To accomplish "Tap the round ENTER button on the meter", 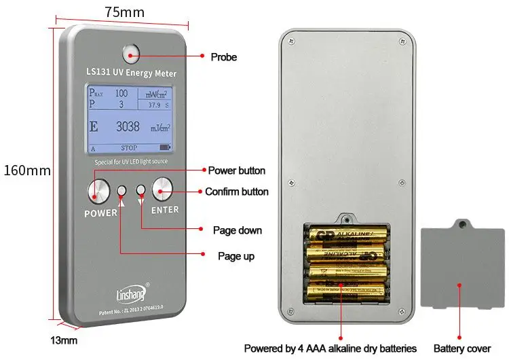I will pyautogui.click(x=164, y=189).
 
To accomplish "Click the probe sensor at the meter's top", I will pyautogui.click(x=131, y=52).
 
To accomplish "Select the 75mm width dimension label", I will pyautogui.click(x=124, y=12).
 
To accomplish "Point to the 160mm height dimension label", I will pyautogui.click(x=27, y=170).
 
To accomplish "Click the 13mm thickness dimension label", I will pyautogui.click(x=64, y=340).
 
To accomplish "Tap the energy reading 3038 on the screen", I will pyautogui.click(x=127, y=126).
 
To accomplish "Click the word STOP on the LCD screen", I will pyautogui.click(x=128, y=148).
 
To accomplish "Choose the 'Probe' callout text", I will pyautogui.click(x=223, y=57).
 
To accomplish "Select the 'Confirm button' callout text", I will pyautogui.click(x=237, y=192).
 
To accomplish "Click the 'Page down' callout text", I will pyautogui.click(x=237, y=230).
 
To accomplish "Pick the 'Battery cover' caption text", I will pyautogui.click(x=461, y=348).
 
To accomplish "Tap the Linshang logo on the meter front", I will pyautogui.click(x=125, y=294).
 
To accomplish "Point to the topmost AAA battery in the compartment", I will pyautogui.click(x=347, y=236).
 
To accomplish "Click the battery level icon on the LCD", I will pyautogui.click(x=166, y=147).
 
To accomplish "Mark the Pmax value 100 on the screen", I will pyautogui.click(x=121, y=93).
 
